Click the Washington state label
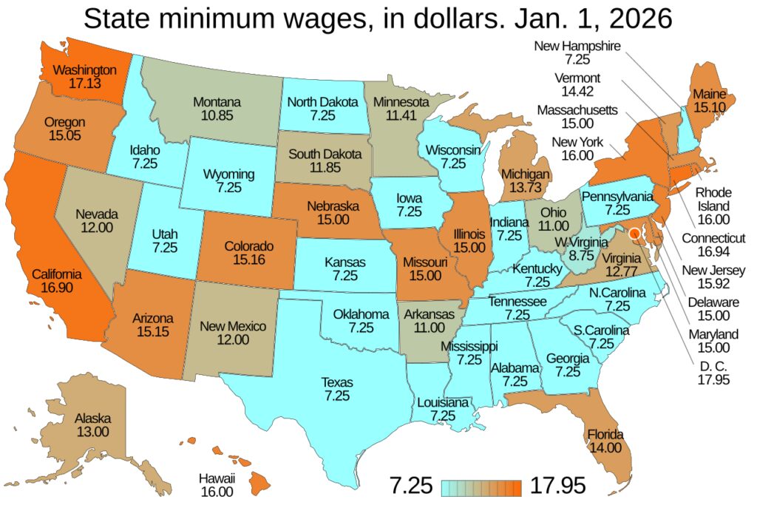coord(85,70)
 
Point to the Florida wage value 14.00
coord(605,448)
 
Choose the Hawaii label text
coord(217,477)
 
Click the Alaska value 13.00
coord(92,432)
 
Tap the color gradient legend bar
coord(483,487)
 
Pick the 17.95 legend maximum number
coord(557,486)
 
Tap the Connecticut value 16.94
coord(713,252)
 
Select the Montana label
coord(218,102)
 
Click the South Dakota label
coord(325,155)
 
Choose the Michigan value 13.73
coord(526,188)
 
